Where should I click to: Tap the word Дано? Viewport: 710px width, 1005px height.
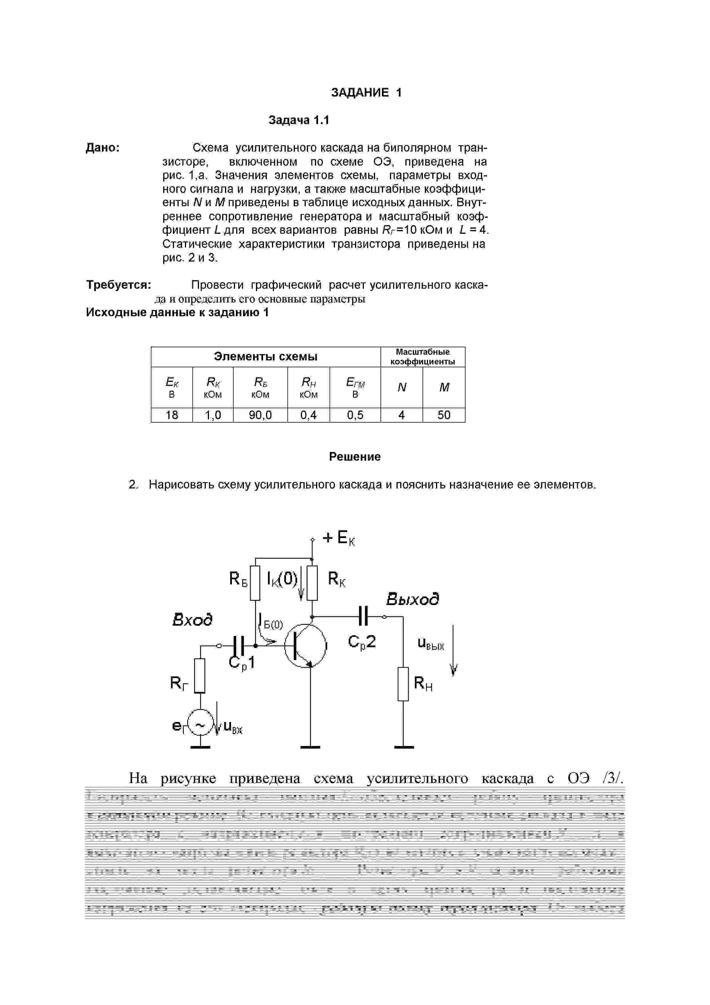[103, 148]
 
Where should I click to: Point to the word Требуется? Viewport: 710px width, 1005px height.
[119, 285]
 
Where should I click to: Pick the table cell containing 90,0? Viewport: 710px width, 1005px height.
[260, 415]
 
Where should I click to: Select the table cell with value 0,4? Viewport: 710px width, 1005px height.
[308, 415]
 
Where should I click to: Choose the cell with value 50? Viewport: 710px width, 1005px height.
[443, 415]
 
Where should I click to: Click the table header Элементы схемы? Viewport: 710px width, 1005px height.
[266, 357]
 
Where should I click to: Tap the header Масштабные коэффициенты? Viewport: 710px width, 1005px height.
[423, 357]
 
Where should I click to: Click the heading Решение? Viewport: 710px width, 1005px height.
[354, 457]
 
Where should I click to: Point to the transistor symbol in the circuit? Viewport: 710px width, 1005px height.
[305, 646]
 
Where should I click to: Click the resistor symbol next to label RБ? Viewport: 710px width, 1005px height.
[255, 583]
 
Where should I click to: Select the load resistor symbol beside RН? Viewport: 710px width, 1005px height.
[403, 684]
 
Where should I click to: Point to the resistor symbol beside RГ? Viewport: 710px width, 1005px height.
[200, 676]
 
